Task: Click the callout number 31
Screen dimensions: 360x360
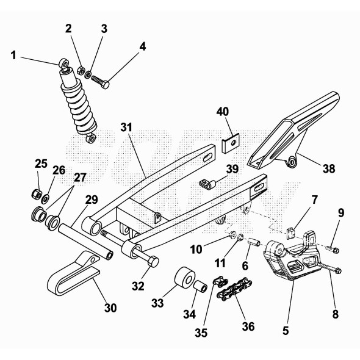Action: [x=126, y=128]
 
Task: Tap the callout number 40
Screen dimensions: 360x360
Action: [x=223, y=112]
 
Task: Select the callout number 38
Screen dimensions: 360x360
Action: [x=329, y=169]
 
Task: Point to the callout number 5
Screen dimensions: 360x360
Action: [x=286, y=331]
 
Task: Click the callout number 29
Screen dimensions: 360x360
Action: [x=92, y=200]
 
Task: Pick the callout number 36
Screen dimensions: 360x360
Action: [x=248, y=326]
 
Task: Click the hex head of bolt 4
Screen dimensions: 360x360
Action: [x=105, y=85]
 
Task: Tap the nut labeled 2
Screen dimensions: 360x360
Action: [x=81, y=71]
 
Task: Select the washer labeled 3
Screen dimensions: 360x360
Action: [x=88, y=74]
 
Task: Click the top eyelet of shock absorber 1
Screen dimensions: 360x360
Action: [x=63, y=63]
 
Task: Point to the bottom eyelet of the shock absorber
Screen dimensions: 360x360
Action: [x=92, y=139]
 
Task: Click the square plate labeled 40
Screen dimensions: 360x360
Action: [x=231, y=143]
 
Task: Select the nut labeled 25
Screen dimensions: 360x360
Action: [x=36, y=194]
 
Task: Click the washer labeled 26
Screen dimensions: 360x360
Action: [x=45, y=198]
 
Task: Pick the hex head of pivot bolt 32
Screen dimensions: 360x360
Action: [x=153, y=262]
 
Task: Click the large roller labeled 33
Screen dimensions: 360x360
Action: [x=185, y=278]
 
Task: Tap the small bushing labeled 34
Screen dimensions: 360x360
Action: [x=200, y=286]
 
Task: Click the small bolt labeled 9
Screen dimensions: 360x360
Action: [x=333, y=250]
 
